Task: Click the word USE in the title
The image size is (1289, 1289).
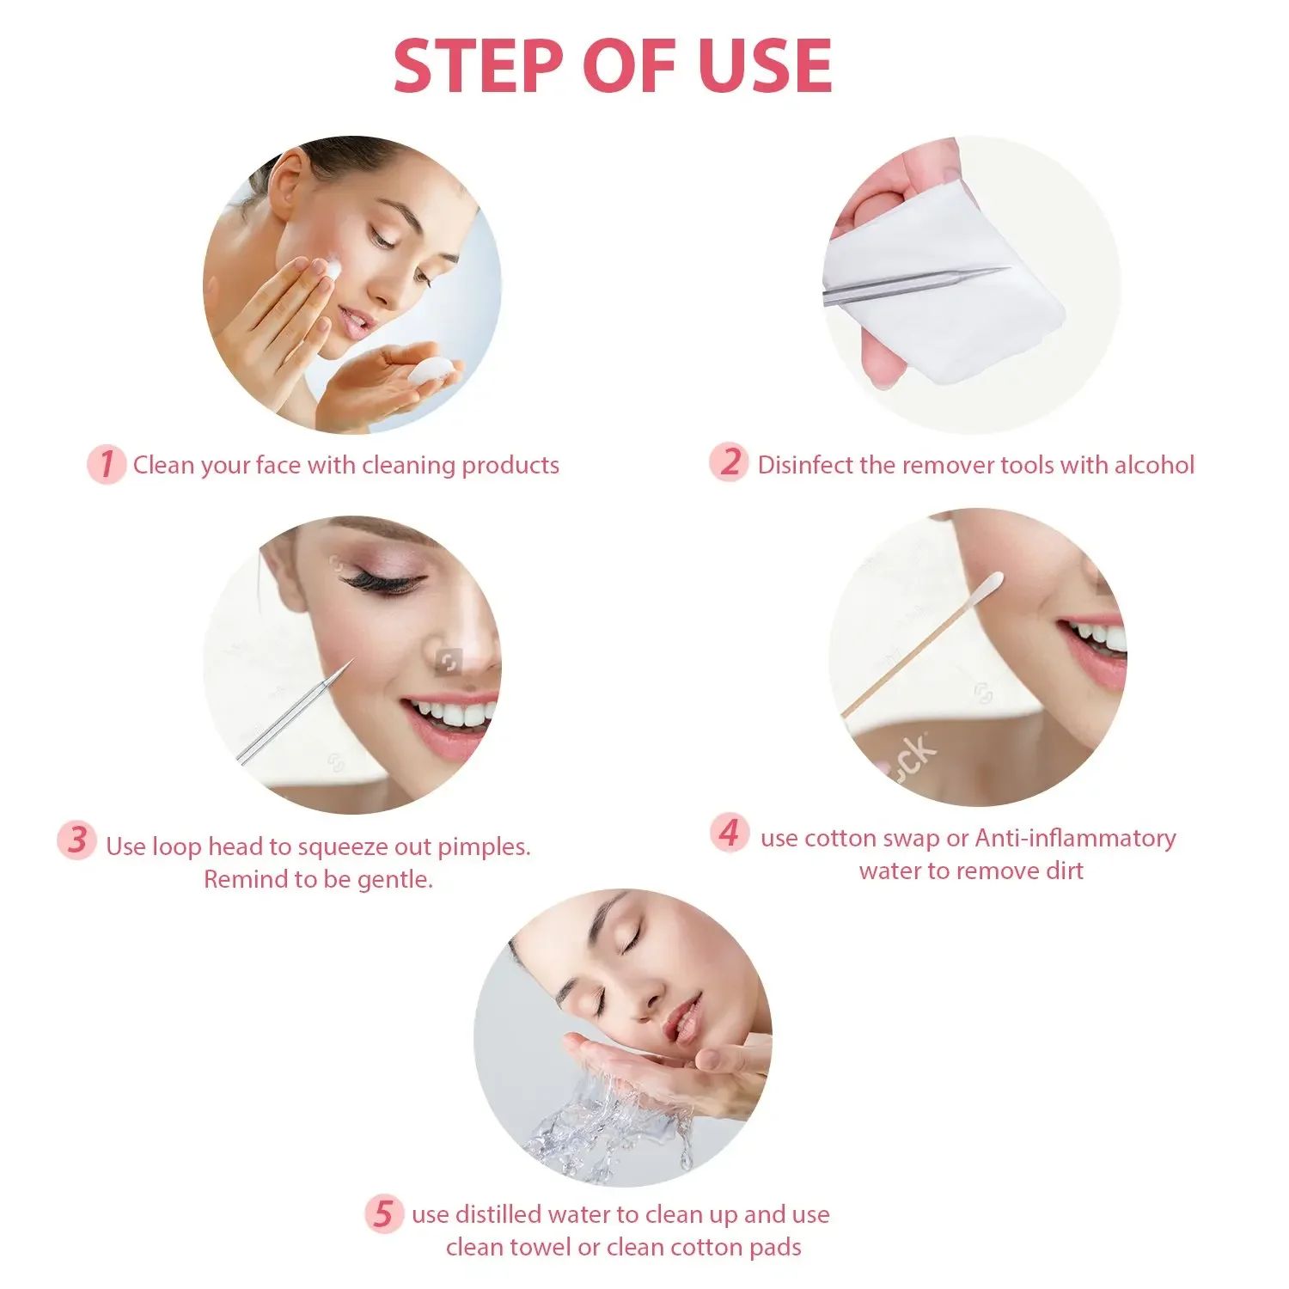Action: (x=765, y=66)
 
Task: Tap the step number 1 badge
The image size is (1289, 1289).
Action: (x=107, y=464)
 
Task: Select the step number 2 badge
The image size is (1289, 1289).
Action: (x=729, y=462)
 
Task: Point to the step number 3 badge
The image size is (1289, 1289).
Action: (x=77, y=840)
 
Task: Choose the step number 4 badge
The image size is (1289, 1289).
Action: (x=730, y=833)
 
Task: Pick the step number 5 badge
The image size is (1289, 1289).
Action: (x=383, y=1213)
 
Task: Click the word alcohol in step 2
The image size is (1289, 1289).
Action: (x=1153, y=465)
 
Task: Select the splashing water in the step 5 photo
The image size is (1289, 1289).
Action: (x=602, y=1117)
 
